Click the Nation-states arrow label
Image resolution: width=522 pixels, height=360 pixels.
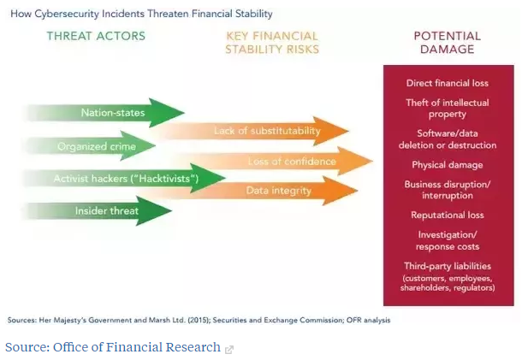click(x=113, y=113)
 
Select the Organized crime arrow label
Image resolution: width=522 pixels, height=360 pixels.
click(x=97, y=146)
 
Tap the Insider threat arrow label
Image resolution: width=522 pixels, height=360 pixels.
click(x=106, y=210)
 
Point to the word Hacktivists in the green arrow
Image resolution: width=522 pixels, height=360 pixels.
click(x=164, y=179)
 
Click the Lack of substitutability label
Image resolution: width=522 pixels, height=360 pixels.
click(x=267, y=131)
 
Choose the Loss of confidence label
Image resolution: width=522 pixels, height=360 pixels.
click(x=292, y=162)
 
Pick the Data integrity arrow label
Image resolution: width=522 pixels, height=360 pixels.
click(x=279, y=191)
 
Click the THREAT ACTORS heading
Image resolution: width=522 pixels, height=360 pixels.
click(x=96, y=36)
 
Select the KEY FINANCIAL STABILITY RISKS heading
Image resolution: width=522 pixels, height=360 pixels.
click(x=272, y=43)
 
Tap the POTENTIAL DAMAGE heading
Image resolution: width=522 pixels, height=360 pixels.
click(x=447, y=43)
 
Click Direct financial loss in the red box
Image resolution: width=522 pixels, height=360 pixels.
click(x=447, y=83)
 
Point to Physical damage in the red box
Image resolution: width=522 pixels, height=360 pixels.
click(x=447, y=165)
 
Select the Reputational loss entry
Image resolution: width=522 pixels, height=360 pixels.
click(x=447, y=215)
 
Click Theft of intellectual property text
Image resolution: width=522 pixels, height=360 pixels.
click(x=447, y=109)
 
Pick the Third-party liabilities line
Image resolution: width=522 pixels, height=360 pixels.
click(x=447, y=266)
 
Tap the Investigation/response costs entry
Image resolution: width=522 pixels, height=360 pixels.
click(x=447, y=240)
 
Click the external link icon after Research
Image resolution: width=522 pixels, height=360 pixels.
click(x=229, y=350)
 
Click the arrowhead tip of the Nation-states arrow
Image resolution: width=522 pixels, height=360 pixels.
click(x=184, y=113)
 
